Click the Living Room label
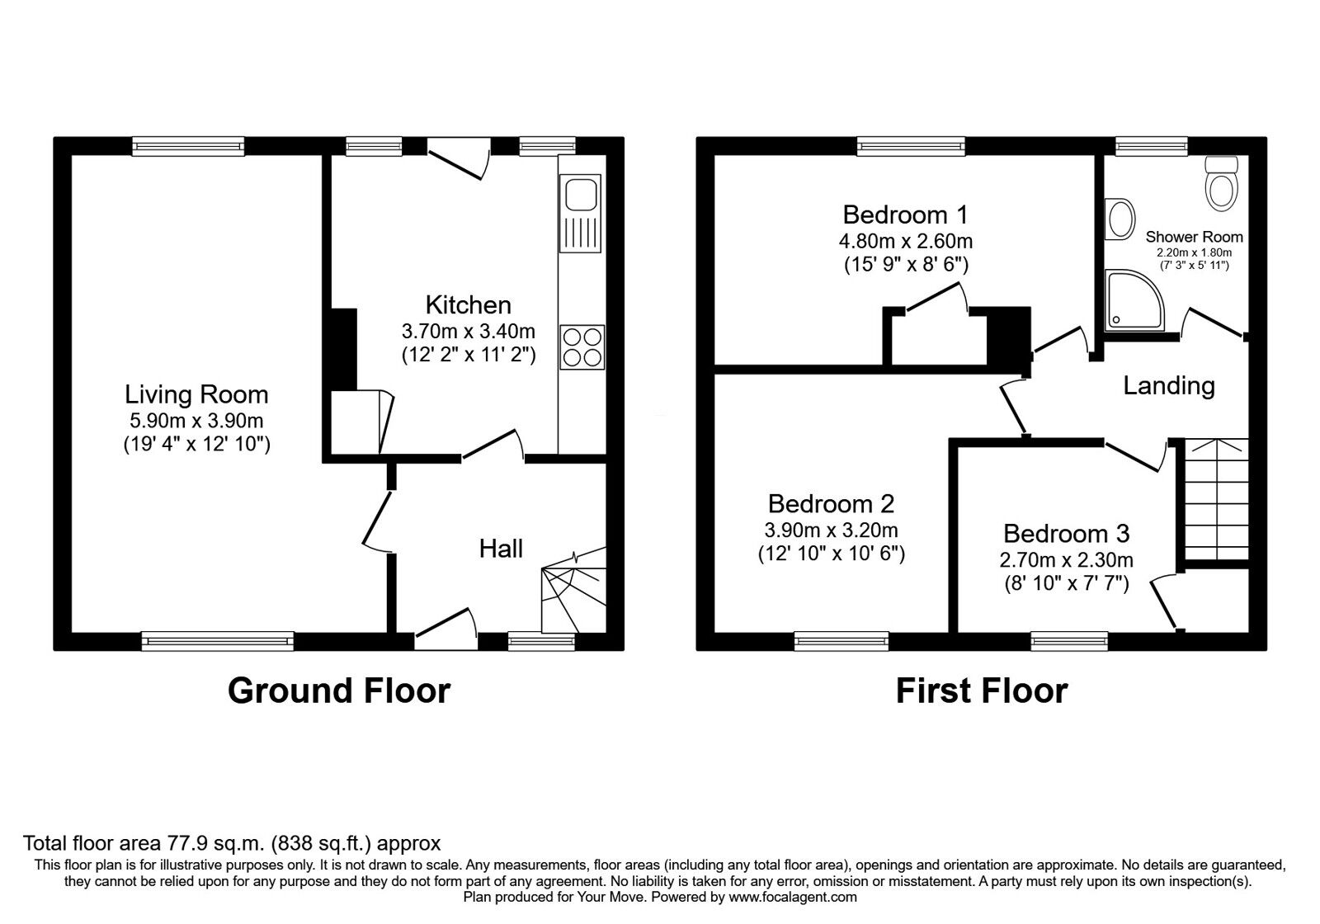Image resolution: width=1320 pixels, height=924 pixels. pyautogui.click(x=196, y=394)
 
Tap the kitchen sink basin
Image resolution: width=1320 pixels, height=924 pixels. pyautogui.click(x=581, y=195)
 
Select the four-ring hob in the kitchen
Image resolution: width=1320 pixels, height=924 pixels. pyautogui.click(x=582, y=347)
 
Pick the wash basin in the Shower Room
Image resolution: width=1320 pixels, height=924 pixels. pyautogui.click(x=1119, y=219)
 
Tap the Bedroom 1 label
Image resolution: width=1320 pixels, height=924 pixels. pyautogui.click(x=905, y=214)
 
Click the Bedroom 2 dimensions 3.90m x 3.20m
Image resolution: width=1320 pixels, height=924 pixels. pyautogui.click(x=831, y=530)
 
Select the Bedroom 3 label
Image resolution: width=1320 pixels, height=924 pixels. pyautogui.click(x=1066, y=533)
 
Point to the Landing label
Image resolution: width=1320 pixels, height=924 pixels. pyautogui.click(x=1168, y=386)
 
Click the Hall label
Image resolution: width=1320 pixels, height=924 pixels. pyautogui.click(x=501, y=549)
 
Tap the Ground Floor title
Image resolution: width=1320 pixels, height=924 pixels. pyautogui.click(x=339, y=691)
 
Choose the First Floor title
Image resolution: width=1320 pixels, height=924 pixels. pyautogui.click(x=982, y=691)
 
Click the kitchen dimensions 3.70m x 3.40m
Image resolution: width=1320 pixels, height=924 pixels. pyautogui.click(x=469, y=331)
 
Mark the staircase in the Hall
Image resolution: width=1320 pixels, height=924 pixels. pyautogui.click(x=574, y=591)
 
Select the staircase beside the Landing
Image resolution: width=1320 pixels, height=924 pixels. pyautogui.click(x=1216, y=499)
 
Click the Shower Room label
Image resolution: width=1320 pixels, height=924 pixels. pyautogui.click(x=1194, y=237)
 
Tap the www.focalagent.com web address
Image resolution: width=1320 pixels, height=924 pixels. pyautogui.click(x=793, y=898)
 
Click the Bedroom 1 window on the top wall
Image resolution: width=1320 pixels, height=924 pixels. pyautogui.click(x=911, y=146)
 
